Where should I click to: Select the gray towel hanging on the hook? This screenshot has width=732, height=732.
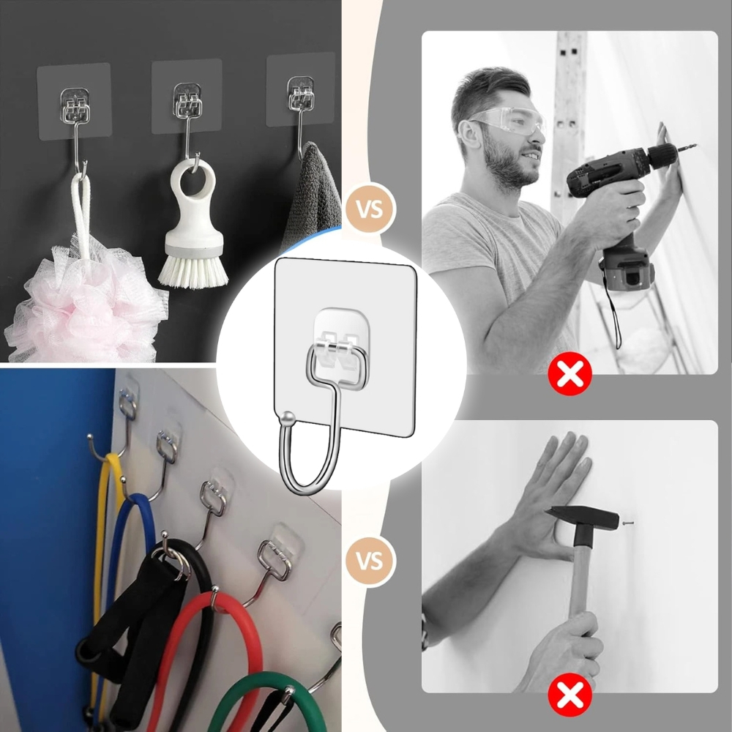tap(311, 198)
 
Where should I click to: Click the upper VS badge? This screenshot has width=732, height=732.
tap(370, 208)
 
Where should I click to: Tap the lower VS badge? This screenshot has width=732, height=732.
tap(370, 562)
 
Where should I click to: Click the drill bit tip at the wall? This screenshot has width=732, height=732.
tap(691, 147)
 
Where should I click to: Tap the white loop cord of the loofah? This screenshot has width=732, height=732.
tap(81, 212)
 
